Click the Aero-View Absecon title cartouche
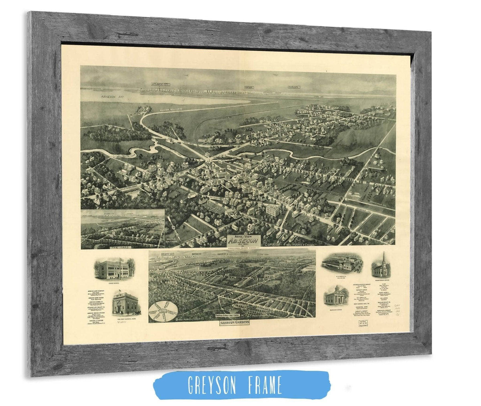[x=244, y=240]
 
